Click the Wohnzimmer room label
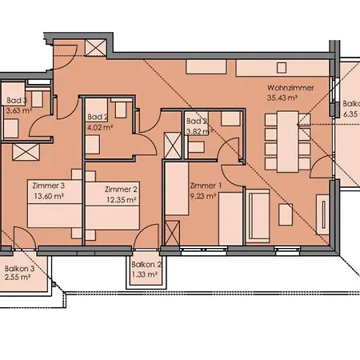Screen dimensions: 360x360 click(290, 88)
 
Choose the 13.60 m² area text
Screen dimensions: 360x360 click(49, 194)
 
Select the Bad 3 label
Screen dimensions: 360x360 click(17, 101)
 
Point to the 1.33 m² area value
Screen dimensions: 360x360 click(145, 274)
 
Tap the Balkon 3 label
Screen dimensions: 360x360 click(19, 269)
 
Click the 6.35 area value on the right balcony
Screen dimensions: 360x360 click(351, 114)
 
